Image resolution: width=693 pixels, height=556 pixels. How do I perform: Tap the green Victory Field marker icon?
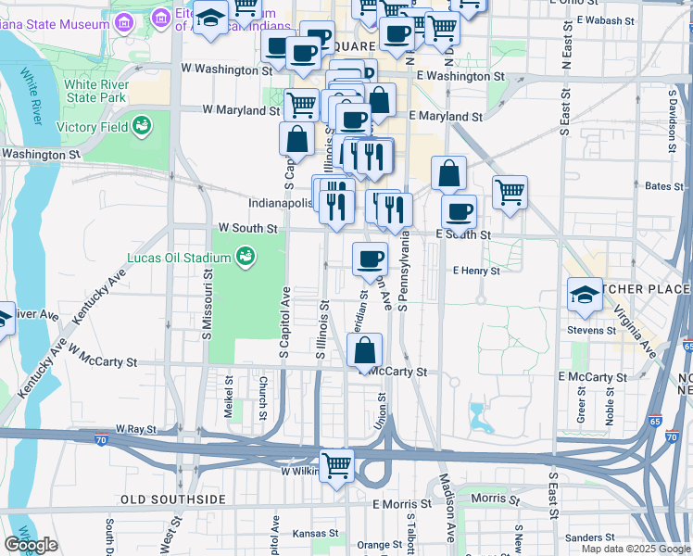pos(142,125)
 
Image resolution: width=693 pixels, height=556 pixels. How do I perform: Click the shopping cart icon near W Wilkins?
pos(337,466)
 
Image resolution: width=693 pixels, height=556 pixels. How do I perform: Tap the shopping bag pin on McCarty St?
pos(365,351)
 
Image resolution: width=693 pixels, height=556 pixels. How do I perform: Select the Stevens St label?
pos(592,330)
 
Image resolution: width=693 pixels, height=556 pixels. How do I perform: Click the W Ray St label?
pos(136,430)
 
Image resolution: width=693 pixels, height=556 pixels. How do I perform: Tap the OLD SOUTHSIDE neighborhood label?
pos(173,499)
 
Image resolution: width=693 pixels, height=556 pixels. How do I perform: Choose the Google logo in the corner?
pos(31,545)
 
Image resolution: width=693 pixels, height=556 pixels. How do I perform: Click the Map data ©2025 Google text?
pos(636,549)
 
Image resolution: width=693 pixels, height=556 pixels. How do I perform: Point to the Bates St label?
pos(663,186)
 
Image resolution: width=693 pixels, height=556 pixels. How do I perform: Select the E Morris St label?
pos(402,505)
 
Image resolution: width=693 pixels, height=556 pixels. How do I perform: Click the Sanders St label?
pos(586,537)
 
